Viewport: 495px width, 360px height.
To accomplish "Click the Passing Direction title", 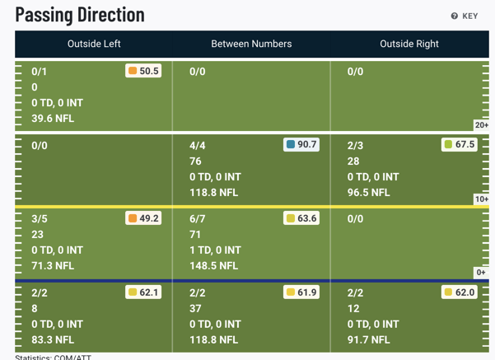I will tap(80, 15).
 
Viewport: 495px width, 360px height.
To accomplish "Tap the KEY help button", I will tap(465, 16).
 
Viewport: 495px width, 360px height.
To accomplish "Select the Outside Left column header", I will tap(94, 44).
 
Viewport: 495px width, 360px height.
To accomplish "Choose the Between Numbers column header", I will tap(251, 44).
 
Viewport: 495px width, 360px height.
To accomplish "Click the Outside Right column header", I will tap(409, 44).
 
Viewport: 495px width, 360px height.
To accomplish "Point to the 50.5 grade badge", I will tap(143, 71).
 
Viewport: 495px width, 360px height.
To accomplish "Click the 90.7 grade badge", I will tap(301, 144).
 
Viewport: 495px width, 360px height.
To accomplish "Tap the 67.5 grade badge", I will tap(460, 144).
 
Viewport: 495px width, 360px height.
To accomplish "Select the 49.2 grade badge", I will tap(143, 218).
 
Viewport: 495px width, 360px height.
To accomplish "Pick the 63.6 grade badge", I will tap(301, 218).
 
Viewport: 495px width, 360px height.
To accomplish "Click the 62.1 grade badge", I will tap(143, 292).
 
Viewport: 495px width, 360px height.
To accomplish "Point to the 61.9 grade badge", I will tap(301, 292).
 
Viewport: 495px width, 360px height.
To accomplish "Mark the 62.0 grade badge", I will tap(460, 292).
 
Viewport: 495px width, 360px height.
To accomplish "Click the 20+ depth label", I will tap(481, 125).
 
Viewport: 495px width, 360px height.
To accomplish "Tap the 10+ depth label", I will tap(481, 199).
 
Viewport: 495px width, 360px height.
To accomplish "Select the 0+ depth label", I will tap(482, 273).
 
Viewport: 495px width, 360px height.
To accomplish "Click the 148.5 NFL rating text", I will tap(213, 265).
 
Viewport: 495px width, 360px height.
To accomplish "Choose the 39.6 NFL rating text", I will tap(53, 119).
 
